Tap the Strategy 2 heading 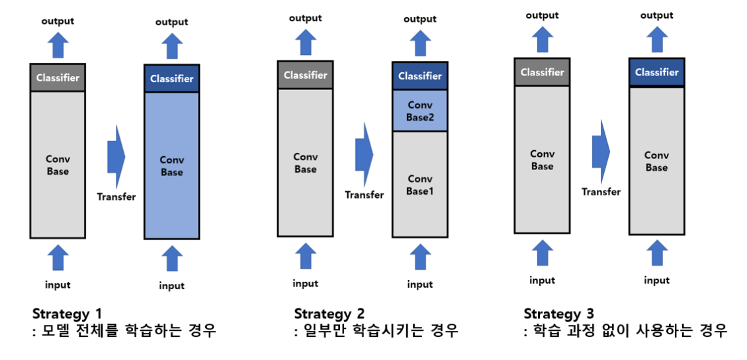tap(329, 313)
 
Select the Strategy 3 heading tap(558, 313)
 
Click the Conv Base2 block tap(419, 111)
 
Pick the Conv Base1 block tap(419, 185)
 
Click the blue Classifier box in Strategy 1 tap(171, 79)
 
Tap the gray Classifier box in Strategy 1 tap(58, 77)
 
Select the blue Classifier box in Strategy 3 tap(656, 72)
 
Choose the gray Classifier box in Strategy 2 tap(305, 75)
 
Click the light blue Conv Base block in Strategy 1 tap(171, 165)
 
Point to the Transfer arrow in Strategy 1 tap(116, 156)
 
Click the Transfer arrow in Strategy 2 tap(364, 154)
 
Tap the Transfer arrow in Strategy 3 tap(601, 152)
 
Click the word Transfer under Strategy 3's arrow tap(601, 192)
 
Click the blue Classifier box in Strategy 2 tap(419, 76)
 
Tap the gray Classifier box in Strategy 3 tap(542, 72)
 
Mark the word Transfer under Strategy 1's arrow tap(116, 197)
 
